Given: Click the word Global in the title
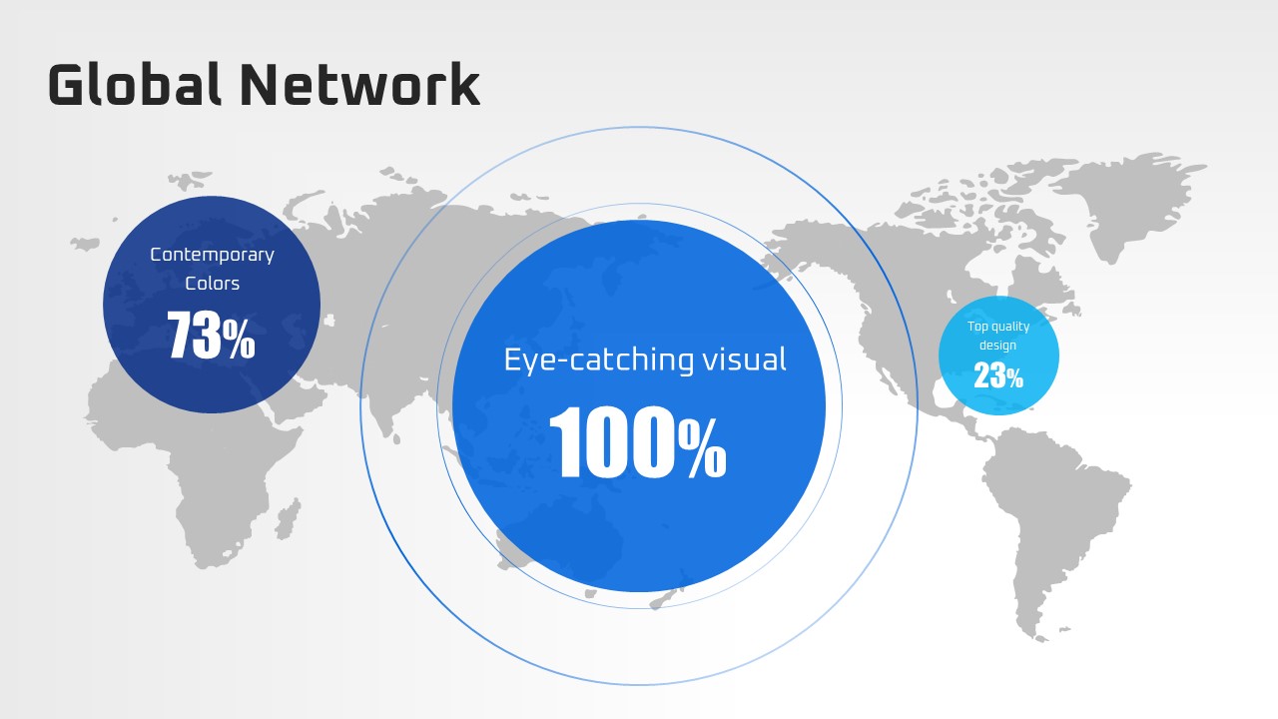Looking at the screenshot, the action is click(x=135, y=84).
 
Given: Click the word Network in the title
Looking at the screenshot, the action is click(x=360, y=85).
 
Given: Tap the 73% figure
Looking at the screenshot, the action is click(x=211, y=335).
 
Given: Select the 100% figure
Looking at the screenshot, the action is click(x=637, y=441).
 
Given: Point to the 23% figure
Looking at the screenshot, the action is click(x=998, y=376).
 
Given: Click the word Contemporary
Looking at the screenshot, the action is click(x=212, y=255).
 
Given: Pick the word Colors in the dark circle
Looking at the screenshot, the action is click(x=212, y=283).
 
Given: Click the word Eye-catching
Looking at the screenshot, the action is click(x=599, y=360).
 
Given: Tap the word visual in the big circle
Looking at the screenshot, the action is click(x=745, y=359).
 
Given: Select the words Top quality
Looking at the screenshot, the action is click(x=998, y=327).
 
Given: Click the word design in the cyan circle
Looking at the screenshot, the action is click(x=997, y=345).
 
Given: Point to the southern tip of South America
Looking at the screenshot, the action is click(x=1041, y=640).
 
